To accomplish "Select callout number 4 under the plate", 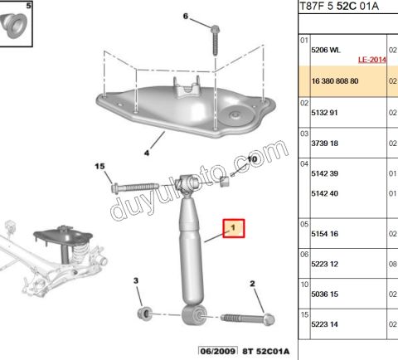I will (147, 153).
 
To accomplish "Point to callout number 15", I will (101, 167).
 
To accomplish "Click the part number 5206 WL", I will (325, 50).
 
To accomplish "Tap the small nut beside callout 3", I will (143, 313).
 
